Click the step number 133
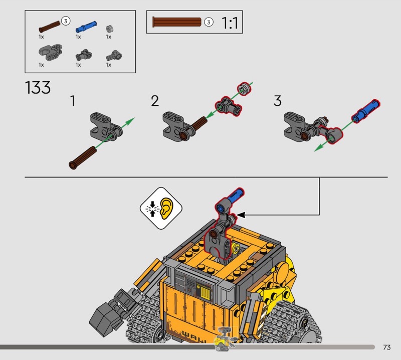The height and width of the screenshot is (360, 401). [38, 88]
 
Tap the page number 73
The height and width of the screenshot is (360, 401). [386, 347]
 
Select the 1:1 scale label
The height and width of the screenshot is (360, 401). [230, 23]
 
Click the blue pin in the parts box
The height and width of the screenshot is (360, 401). [86, 27]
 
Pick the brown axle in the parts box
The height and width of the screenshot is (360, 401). [50, 27]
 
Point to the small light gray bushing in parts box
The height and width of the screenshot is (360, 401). [109, 29]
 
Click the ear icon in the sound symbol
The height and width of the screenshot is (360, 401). [166, 209]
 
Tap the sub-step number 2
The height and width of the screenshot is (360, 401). [155, 101]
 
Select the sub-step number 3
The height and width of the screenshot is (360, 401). [278, 101]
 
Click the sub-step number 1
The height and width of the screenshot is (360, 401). [73, 101]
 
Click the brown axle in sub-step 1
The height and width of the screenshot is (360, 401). [83, 157]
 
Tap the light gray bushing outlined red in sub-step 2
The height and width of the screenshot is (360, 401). [244, 89]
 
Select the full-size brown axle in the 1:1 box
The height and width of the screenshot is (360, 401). [177, 22]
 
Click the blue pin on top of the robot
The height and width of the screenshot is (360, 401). [235, 196]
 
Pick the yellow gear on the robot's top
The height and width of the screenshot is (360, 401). [236, 248]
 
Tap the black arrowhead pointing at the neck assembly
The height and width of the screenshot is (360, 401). [242, 215]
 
